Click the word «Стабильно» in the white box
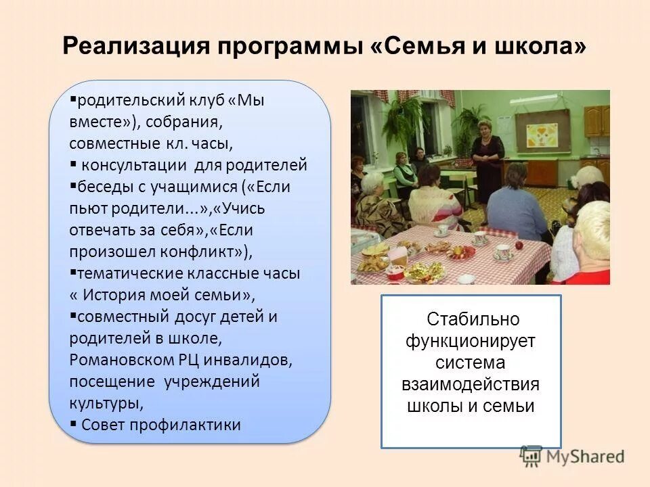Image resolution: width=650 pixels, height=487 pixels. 473,319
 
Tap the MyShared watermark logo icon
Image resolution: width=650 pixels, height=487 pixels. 532,457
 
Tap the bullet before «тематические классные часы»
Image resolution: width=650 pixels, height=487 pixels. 73,273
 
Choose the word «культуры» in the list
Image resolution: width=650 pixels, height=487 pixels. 105,403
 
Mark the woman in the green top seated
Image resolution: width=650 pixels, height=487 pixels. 404,172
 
